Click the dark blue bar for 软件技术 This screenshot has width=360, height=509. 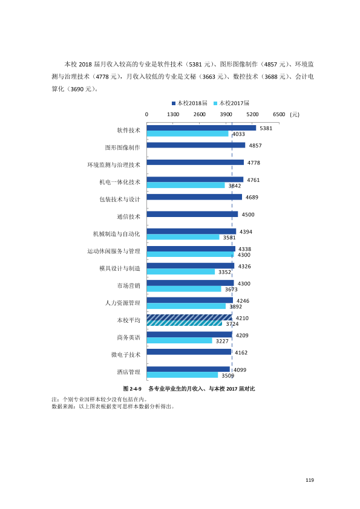pos(201,128)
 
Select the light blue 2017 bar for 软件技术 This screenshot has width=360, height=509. pos(188,134)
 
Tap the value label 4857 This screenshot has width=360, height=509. pos(255,146)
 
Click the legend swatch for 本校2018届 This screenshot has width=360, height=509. pos(174,103)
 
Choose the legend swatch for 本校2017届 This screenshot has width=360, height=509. pos(215,103)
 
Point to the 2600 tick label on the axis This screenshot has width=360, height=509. pos(200,114)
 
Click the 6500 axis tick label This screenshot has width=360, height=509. pos(279,114)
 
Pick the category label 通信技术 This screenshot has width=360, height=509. pos(129,216)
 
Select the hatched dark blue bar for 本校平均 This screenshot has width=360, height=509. pos(189,317)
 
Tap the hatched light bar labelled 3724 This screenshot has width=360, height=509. pos(185,323)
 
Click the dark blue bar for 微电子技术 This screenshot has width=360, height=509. pos(189,352)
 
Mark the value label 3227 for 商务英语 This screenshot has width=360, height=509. pos(222,341)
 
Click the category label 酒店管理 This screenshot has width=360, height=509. pos(129,372)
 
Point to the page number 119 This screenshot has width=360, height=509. pos(310,480)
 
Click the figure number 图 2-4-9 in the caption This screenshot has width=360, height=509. pos(133,389)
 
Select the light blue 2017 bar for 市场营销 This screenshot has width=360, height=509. pos(184,289)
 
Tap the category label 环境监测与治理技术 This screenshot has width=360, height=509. pos(114,165)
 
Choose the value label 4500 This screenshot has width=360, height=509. pos(248,215)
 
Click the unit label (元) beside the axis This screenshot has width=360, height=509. pos(295,114)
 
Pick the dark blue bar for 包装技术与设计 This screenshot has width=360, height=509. pos(194,197)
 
